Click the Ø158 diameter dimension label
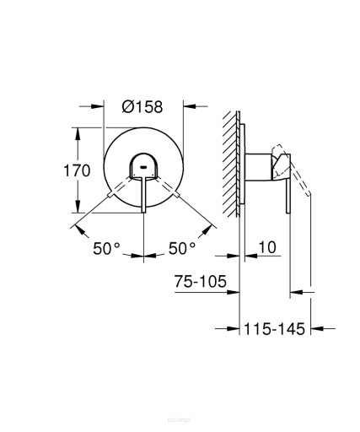(142, 107)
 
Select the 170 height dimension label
(78, 170)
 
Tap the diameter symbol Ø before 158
(128, 107)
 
